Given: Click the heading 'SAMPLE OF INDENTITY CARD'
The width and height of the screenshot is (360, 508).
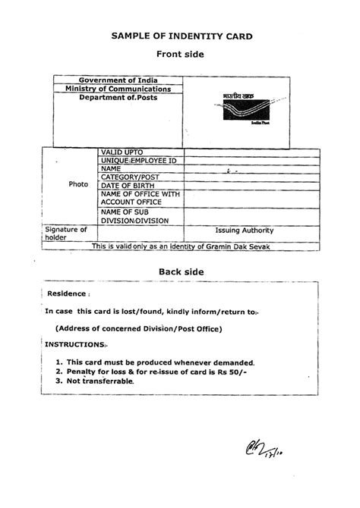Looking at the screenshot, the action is (x=182, y=36).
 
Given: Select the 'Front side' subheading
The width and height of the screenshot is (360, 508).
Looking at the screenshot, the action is (x=181, y=54).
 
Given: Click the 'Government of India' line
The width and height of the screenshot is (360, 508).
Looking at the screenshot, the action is (x=122, y=80).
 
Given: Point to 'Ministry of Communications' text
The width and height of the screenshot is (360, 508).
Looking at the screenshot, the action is (x=123, y=89).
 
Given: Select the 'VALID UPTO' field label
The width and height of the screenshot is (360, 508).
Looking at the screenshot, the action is (x=121, y=152).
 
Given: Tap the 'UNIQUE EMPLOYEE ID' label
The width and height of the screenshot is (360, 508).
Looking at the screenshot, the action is (x=138, y=161).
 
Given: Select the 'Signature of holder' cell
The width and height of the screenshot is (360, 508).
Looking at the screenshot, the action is (x=66, y=234).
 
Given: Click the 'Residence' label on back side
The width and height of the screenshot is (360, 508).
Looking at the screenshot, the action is (x=67, y=293).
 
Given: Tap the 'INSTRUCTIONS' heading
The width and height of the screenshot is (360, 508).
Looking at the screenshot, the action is (x=75, y=343).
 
